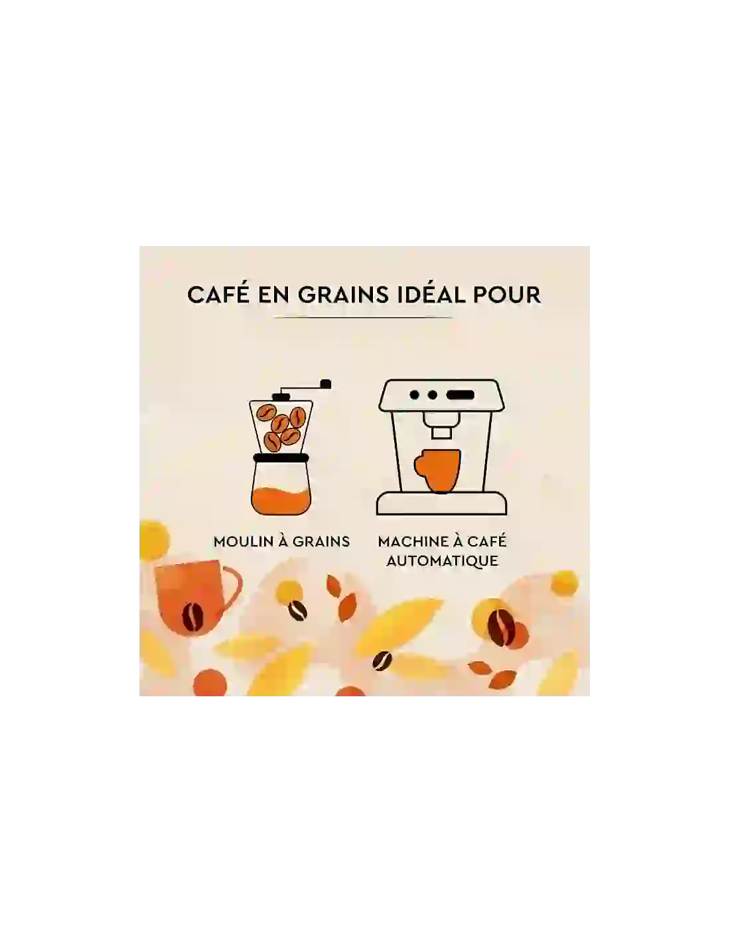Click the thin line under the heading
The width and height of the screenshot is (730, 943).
pos(362,317)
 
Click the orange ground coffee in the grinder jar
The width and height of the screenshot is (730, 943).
pos(281,501)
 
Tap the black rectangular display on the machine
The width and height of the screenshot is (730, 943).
pos(461,395)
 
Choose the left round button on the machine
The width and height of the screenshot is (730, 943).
pos(415,395)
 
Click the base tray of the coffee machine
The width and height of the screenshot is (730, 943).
pos(441,504)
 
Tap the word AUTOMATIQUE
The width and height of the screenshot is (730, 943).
pos(442,560)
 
